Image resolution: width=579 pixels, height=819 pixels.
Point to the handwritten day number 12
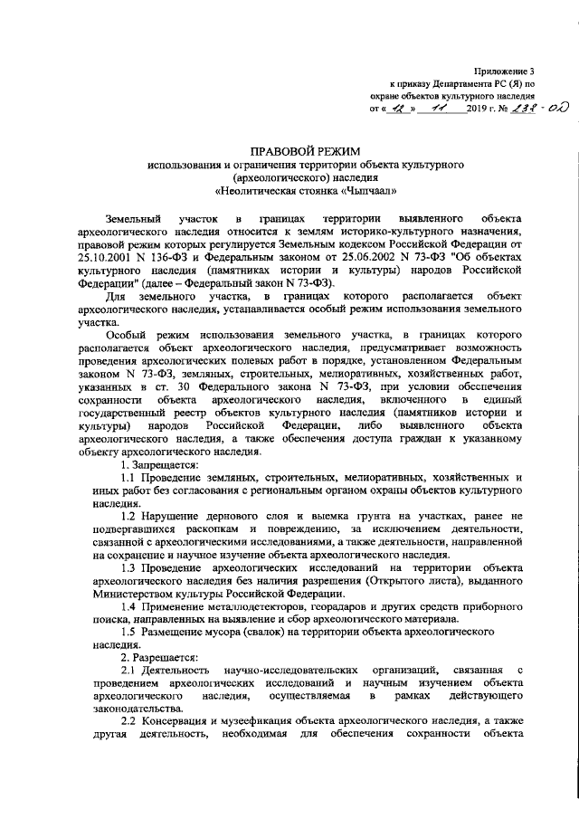[396, 109]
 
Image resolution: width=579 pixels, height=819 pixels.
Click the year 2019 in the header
[477, 110]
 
